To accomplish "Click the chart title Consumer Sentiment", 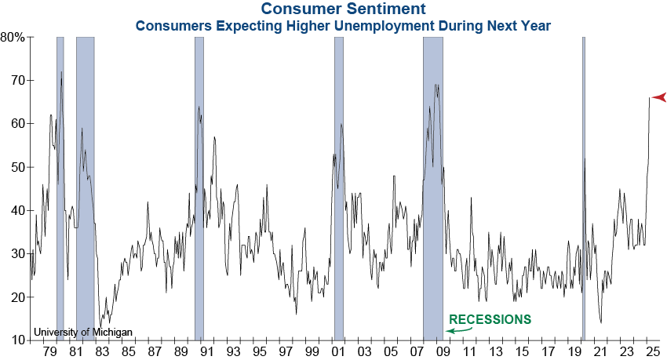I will pyautogui.click(x=343, y=9).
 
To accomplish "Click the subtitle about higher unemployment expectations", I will pyautogui.click(x=343, y=25).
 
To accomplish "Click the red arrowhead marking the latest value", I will pyautogui.click(x=658, y=97).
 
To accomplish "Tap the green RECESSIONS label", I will pyautogui.click(x=490, y=319).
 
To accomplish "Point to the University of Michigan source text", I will pyautogui.click(x=83, y=333).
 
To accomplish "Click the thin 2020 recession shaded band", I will pyautogui.click(x=583, y=188).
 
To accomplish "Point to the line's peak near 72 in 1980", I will pyautogui.click(x=61, y=72).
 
